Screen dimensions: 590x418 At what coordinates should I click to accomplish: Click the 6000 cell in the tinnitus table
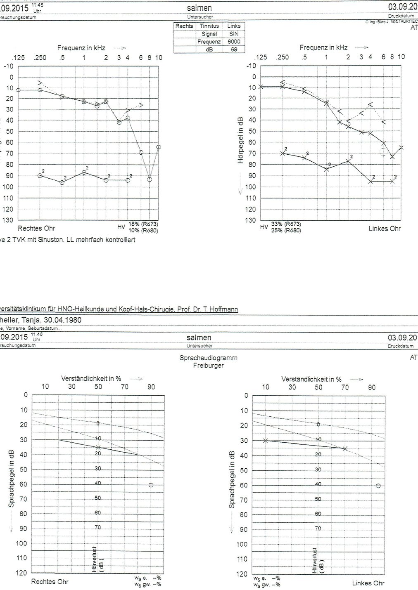coord(234,42)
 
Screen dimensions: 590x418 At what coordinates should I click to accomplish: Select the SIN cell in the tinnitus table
coord(234,34)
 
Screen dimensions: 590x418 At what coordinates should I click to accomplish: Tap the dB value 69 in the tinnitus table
coord(234,50)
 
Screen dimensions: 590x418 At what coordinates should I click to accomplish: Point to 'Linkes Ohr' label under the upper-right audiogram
coord(385,228)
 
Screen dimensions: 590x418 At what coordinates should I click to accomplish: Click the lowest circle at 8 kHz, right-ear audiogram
coord(150,179)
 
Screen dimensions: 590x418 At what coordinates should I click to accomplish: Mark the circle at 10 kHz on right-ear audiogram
coord(159,147)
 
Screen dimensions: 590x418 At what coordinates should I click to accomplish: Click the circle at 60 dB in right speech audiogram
coord(151,485)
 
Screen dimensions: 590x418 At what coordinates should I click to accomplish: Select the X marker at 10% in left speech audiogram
coord(266,441)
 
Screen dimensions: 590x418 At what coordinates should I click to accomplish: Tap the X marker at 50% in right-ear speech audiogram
coord(98,447)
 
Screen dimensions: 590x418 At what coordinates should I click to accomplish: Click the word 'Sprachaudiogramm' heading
coord(208,358)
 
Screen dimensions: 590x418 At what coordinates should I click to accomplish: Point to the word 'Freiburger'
coord(208,365)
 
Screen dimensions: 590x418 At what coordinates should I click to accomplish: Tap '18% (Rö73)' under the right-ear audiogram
coord(143,224)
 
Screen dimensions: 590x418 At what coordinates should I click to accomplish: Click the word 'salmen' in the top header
coord(199,8)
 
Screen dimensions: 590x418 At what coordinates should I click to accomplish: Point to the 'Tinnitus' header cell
coord(209,26)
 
